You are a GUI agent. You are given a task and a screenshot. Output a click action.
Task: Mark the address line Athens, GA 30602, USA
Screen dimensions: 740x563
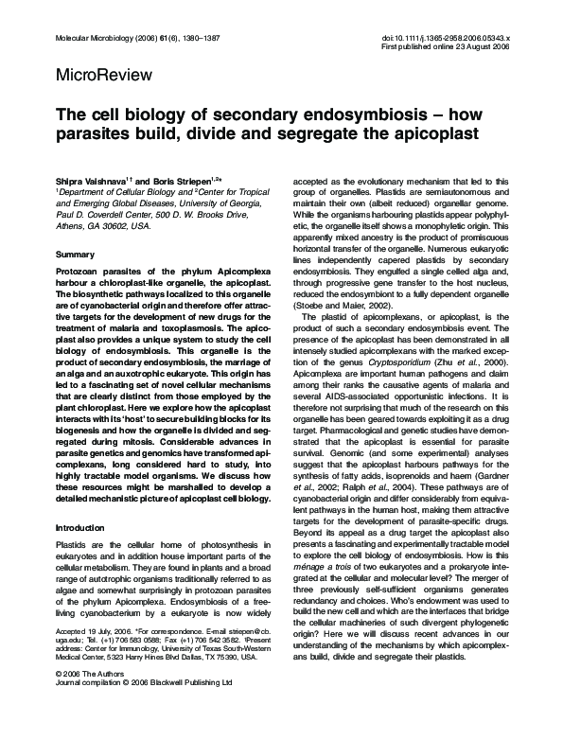(x=103, y=228)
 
